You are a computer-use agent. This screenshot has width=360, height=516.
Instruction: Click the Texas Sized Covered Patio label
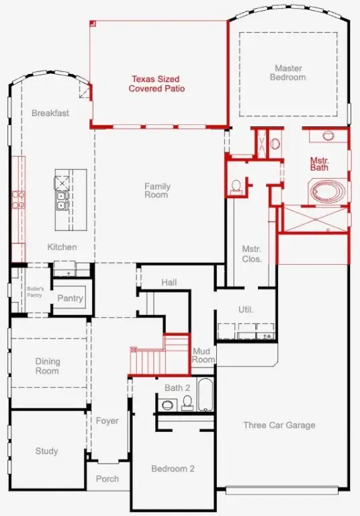pos(156,83)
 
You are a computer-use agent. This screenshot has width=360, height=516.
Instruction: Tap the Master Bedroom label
pos(288,73)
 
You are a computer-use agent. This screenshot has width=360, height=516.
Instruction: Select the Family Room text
pos(157,190)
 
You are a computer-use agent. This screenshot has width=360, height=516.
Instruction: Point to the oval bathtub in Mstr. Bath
pos(328,191)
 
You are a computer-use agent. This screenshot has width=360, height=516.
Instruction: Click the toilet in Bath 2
pos(187,403)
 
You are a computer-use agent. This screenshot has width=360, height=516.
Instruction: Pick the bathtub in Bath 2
pos(206,394)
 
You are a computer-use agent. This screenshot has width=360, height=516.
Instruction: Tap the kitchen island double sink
pos(61,201)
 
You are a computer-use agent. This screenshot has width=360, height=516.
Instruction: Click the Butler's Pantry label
pos(35,292)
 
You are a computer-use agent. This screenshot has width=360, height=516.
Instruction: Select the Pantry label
pos(70,298)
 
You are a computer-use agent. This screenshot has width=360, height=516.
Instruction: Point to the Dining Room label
pos(48,366)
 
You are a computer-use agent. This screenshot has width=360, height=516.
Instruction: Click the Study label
pos(47,451)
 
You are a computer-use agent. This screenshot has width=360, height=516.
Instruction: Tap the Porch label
pos(107,479)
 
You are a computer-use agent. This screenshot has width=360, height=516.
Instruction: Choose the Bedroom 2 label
pos(173,468)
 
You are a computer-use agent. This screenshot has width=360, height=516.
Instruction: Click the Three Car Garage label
pos(279,425)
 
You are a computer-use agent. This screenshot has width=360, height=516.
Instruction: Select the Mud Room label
pos(204,355)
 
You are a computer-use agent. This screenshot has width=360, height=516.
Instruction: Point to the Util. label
pos(245,310)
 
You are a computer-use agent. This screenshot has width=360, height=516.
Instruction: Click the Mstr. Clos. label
pos(252,254)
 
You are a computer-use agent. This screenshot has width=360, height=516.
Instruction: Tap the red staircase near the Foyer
pos(160,355)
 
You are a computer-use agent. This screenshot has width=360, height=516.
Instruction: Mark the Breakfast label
pos(50,113)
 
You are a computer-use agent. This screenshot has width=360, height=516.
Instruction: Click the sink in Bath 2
pos(167,404)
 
